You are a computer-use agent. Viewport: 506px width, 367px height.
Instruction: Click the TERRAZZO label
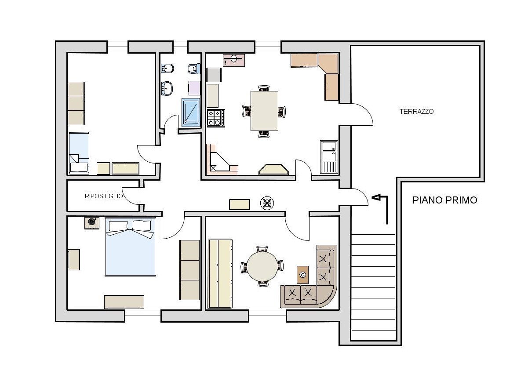coord(416,112)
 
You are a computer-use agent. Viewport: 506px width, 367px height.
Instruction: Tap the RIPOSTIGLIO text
coord(104,196)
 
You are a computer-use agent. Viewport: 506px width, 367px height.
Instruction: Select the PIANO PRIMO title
coord(445,200)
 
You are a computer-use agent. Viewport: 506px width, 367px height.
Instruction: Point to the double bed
coord(130,247)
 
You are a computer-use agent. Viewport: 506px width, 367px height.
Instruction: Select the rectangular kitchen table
coord(264,111)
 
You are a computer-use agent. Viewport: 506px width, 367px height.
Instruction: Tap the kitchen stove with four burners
coord(216,118)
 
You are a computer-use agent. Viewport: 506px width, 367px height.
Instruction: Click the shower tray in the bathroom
coord(191,112)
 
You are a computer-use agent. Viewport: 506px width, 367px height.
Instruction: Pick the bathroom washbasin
coord(167,88)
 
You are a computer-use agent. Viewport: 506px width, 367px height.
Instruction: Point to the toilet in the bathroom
coord(193,69)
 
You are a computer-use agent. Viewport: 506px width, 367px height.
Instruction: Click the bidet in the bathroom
coord(167,69)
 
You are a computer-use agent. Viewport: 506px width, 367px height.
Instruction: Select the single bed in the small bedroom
coord(79,153)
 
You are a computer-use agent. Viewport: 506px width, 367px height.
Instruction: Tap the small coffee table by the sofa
coord(303,275)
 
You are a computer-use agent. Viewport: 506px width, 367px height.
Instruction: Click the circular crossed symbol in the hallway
coord(267,203)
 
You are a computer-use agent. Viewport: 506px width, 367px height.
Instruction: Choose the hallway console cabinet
coord(240,204)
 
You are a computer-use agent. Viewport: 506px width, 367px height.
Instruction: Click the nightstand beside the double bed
coord(91,223)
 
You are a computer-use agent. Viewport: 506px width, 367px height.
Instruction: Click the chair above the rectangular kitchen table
coord(264,88)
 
